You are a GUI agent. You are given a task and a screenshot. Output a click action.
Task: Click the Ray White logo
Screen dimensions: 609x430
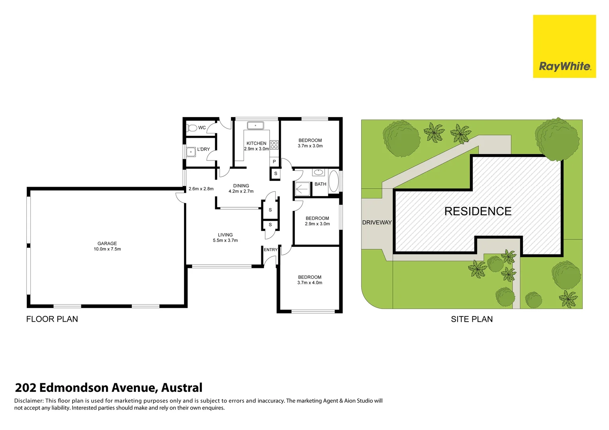[564, 47]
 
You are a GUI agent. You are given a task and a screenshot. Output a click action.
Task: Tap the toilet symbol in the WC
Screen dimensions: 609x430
[192, 128]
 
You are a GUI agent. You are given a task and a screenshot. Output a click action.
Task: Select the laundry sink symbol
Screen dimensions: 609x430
[191, 152]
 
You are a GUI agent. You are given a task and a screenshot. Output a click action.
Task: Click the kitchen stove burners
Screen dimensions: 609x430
[274, 145]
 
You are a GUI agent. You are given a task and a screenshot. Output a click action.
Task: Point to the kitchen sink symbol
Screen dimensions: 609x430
[255, 125]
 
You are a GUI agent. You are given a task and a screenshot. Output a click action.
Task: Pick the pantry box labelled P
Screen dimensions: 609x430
[274, 162]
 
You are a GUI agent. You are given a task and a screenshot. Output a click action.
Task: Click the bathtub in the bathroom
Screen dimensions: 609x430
[334, 181]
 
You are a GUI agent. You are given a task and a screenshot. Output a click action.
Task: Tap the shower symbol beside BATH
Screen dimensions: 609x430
[303, 189]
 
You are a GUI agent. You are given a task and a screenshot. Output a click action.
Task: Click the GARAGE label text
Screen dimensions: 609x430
[107, 244]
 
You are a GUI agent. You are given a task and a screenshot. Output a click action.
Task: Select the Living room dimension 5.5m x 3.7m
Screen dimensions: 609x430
[225, 240]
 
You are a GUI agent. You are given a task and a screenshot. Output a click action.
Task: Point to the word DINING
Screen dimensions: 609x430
[241, 186]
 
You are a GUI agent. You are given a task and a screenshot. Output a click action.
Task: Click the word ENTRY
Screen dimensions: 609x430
[270, 250]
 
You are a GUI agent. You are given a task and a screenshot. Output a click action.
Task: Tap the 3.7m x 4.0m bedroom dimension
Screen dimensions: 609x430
[309, 283]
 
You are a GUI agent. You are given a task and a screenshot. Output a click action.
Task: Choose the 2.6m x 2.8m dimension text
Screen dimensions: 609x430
[201, 189]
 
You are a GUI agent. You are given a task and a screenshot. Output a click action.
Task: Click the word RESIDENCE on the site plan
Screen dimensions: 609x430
[478, 211]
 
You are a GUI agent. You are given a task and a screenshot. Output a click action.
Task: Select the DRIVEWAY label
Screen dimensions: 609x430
[377, 222]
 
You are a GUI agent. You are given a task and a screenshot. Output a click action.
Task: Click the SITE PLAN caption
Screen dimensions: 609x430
[472, 319]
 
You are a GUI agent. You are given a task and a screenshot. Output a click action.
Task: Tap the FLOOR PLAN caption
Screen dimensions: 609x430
[52, 319]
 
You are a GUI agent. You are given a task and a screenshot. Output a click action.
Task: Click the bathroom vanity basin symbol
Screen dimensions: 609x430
[318, 172]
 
